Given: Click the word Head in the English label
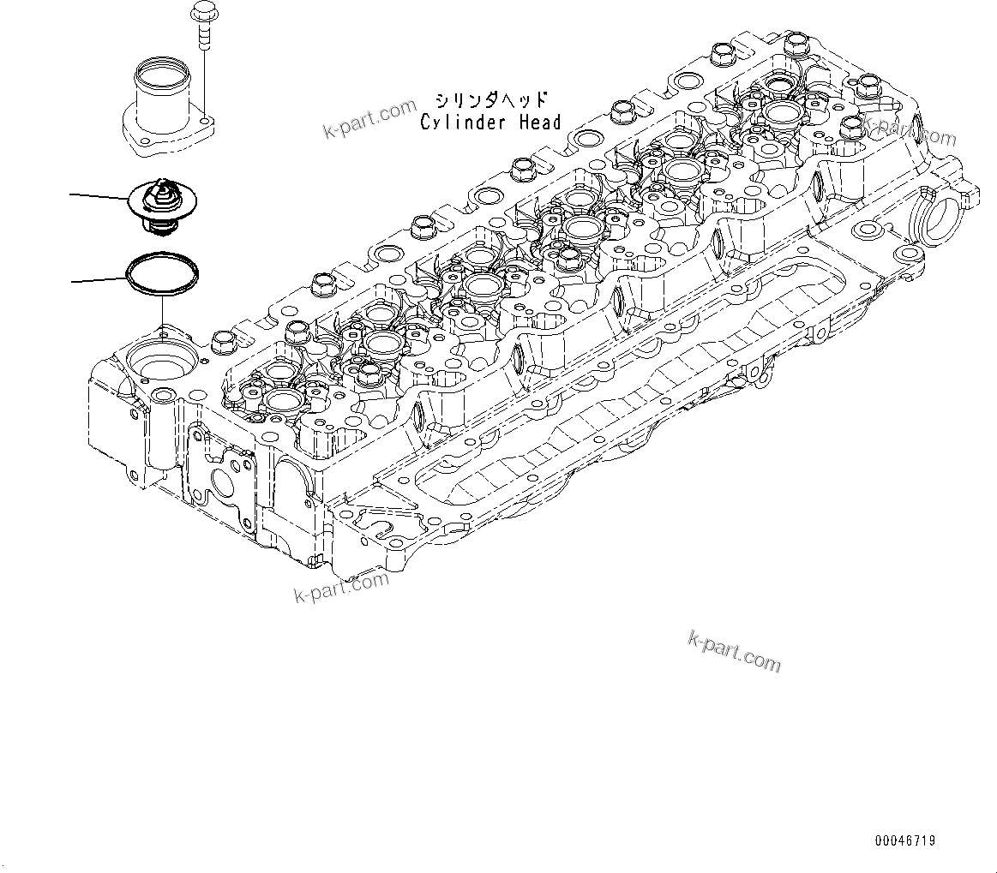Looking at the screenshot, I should (540, 123).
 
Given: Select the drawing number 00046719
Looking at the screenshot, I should (905, 841).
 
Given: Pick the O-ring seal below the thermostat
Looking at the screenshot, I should (163, 272).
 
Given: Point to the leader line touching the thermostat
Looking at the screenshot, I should (99, 198).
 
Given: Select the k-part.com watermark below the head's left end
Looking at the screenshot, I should (340, 586).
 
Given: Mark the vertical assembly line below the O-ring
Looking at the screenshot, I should (161, 312).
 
